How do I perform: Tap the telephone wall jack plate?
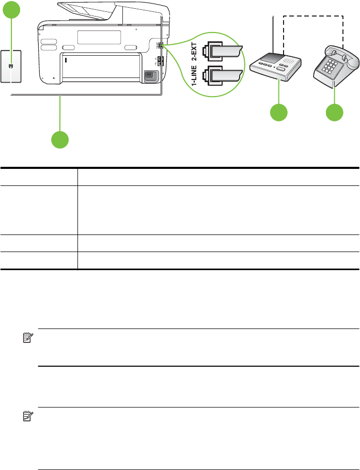pos(10,66)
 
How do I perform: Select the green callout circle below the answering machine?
pos(279,113)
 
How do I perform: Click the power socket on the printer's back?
pos(150,75)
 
